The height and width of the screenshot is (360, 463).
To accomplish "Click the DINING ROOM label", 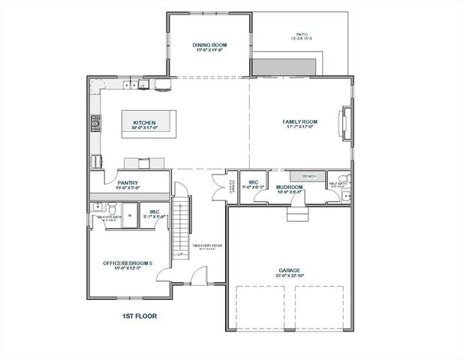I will click(210, 46).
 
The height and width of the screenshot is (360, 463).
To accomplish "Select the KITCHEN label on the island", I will click(144, 123).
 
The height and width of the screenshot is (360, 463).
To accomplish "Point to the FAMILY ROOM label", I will click(300, 121).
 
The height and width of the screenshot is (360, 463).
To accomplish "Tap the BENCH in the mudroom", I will click(308, 176).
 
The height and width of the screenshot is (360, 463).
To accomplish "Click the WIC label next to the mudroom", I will click(254, 182).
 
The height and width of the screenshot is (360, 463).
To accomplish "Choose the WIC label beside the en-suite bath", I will click(154, 212).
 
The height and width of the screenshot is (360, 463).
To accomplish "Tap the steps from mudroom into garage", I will click(298, 214).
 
